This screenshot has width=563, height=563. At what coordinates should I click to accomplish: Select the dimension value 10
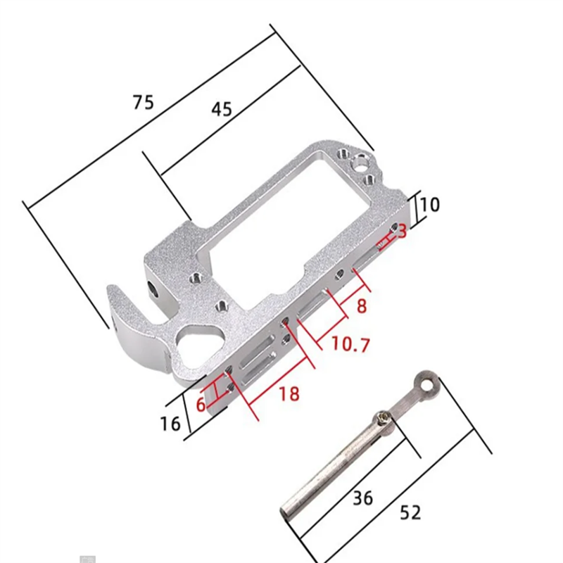click(x=430, y=205)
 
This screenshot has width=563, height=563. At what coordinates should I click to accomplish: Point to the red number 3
click(x=402, y=231)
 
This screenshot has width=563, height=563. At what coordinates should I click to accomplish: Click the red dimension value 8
click(x=362, y=305)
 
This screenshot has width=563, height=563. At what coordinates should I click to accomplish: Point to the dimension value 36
click(x=362, y=498)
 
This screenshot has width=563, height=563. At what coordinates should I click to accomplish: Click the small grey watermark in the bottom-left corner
click(x=87, y=559)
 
